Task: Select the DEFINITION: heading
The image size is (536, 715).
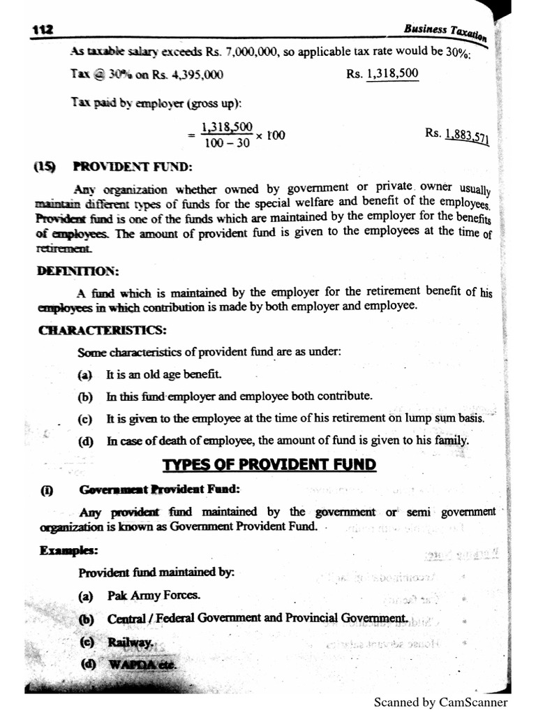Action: tap(77, 270)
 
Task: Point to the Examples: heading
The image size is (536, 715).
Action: tap(68, 551)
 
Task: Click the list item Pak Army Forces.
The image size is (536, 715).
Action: tap(154, 596)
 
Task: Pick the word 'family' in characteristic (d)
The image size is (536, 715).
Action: tap(451, 441)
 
